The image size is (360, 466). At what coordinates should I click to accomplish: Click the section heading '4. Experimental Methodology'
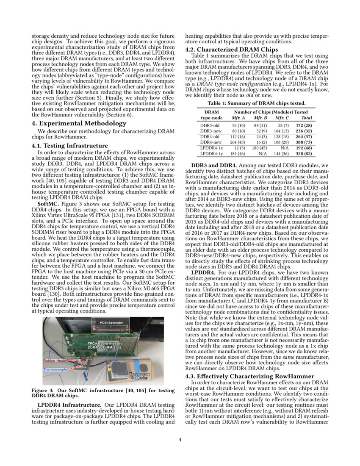pyautogui.click(x=79, y=123)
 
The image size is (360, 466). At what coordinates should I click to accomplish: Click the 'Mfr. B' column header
pyautogui.click(x=260, y=118)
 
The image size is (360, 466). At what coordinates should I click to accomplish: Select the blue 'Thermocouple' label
pyautogui.click(x=55, y=369)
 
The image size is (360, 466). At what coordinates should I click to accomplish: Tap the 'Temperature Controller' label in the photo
pyautogui.click(x=139, y=376)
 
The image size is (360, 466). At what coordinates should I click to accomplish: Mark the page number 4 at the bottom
pyautogui.click(x=180, y=439)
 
